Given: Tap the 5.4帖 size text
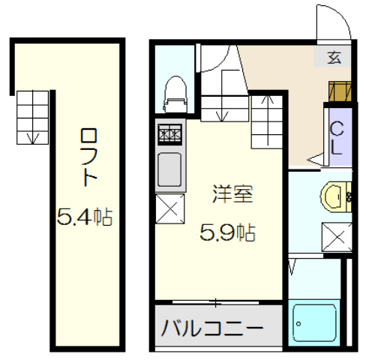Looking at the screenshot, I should point(85,217).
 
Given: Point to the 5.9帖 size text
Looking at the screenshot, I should point(227,233).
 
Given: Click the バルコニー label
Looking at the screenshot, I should point(213,328).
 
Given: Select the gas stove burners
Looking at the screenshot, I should point(169,135).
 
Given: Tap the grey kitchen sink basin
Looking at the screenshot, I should point(170,169).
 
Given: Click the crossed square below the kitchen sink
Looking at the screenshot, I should point(170,208).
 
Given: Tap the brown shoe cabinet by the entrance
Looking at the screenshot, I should point(338,90).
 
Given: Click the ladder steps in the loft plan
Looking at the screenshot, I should point(32,116).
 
